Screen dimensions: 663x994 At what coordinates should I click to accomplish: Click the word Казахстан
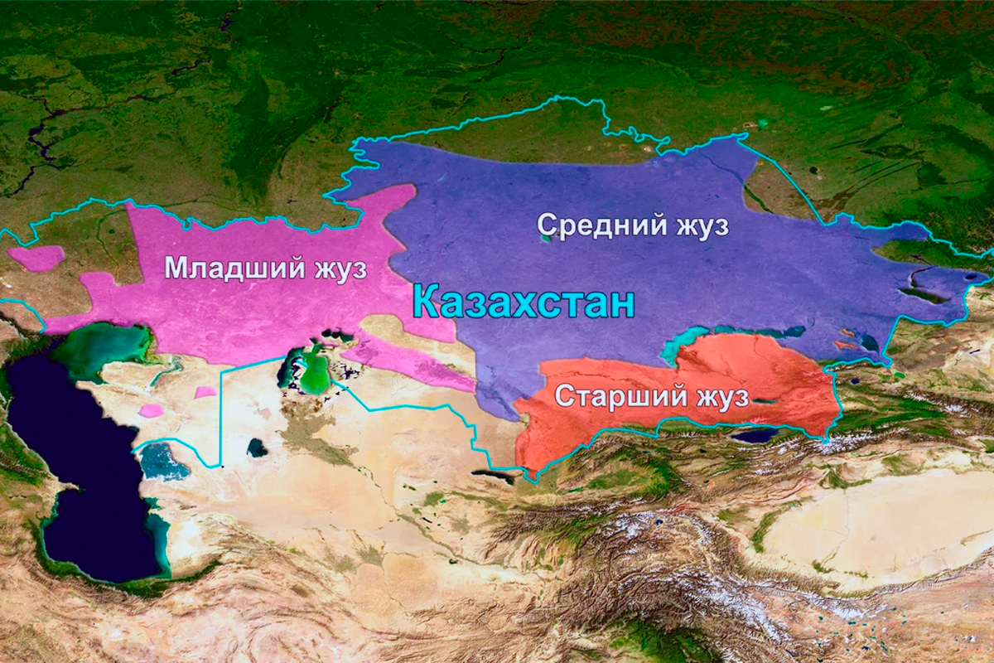pos(524,302)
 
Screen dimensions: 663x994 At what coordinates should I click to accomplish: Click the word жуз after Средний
pos(699,225)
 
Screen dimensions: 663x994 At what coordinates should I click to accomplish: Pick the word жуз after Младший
pos(335,268)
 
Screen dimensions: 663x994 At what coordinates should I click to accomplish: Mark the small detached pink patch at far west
pos(37,258)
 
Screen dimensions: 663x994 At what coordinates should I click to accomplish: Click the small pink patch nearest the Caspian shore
pos(151,410)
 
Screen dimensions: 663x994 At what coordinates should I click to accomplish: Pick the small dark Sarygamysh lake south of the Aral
pos(258,448)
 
